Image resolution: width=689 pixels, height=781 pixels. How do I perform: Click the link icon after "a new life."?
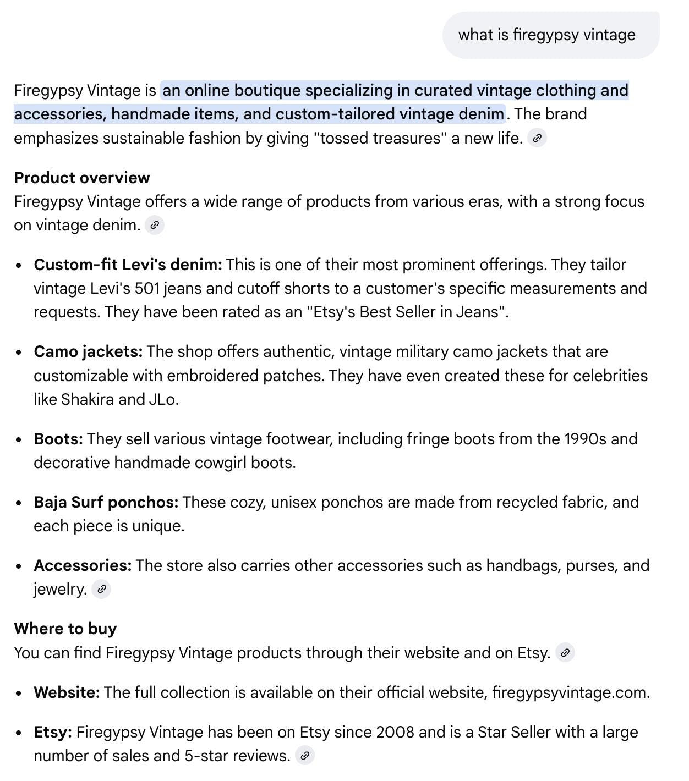coord(537,138)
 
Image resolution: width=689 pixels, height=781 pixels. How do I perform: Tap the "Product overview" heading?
coord(82,178)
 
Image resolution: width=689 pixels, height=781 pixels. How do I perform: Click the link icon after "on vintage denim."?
coord(155,225)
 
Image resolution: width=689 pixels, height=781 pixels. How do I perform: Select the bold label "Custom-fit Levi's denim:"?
coord(128,265)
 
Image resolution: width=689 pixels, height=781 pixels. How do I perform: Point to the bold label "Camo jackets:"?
coord(88,351)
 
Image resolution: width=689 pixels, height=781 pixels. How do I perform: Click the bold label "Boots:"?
coord(58,439)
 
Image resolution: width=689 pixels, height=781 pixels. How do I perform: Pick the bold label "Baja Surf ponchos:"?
coord(106,502)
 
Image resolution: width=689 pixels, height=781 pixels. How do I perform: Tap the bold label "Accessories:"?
coord(83,565)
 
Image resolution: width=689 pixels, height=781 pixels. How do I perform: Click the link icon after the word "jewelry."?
coord(101,589)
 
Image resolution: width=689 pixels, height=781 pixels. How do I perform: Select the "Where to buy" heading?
coord(65,629)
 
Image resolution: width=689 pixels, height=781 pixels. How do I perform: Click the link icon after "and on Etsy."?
coord(565,653)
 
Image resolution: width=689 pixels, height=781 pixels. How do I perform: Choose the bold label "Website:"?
coord(67,692)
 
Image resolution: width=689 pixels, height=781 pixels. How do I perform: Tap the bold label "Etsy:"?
coord(53,732)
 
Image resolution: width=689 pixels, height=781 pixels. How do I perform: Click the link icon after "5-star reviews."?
coord(305,756)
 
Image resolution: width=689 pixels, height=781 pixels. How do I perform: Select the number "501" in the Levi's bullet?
coord(147,288)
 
